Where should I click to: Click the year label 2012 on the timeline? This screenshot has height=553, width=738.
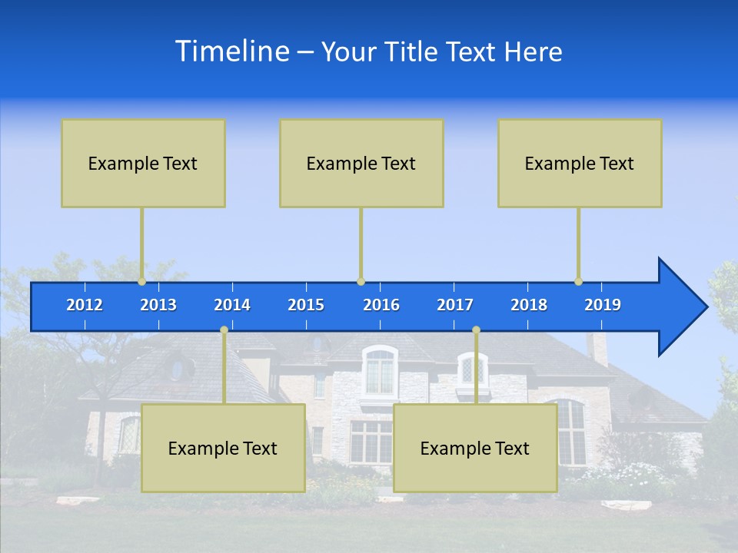[x=85, y=305]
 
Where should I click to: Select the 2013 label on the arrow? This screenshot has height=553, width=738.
[x=158, y=305]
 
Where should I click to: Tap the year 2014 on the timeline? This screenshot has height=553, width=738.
[x=232, y=305]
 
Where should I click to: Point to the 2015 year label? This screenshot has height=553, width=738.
[x=306, y=305]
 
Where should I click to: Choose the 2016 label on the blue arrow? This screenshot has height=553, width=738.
[x=381, y=305]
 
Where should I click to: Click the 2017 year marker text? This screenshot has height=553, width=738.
[x=455, y=305]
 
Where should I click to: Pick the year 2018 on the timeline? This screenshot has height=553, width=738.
[x=529, y=305]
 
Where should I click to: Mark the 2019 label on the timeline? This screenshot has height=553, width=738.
[x=603, y=305]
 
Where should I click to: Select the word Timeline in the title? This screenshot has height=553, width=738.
[x=231, y=51]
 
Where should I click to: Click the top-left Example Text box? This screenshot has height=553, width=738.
[x=143, y=163]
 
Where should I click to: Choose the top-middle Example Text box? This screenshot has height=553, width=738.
[x=361, y=163]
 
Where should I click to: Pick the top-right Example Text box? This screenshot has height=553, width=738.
[x=580, y=163]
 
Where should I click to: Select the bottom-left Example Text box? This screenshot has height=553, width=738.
[x=223, y=448]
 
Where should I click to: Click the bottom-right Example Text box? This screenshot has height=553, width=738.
[x=475, y=448]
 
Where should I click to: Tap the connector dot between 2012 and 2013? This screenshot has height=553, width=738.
[x=142, y=281]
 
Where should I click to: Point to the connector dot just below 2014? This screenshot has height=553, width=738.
[x=224, y=330]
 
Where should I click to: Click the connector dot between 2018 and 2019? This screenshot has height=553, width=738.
[x=579, y=281]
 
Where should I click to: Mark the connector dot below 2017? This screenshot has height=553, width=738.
[x=476, y=330]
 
